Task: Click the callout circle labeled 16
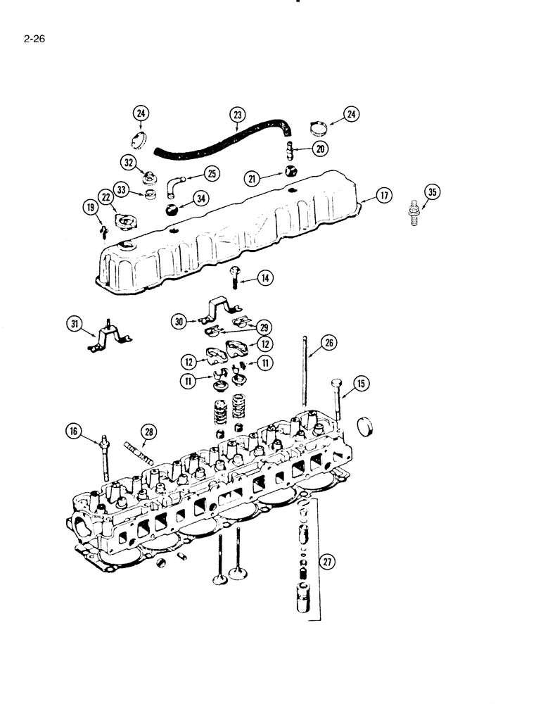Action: [72, 432]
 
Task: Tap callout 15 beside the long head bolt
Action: [361, 384]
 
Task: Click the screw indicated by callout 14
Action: [234, 279]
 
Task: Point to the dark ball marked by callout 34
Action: [173, 209]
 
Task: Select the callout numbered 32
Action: [128, 163]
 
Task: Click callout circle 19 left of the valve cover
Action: [89, 207]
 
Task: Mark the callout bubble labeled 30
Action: [181, 321]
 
